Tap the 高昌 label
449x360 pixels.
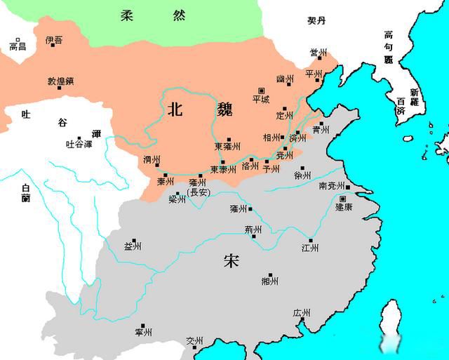click(x=18, y=46)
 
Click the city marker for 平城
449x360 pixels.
click(x=261, y=91)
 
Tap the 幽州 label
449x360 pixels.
click(x=285, y=79)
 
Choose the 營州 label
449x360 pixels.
click(x=319, y=53)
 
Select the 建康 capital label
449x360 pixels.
click(x=344, y=208)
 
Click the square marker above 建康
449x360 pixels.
click(x=342, y=199)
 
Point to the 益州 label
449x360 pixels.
click(x=133, y=246)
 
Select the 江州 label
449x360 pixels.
click(x=310, y=248)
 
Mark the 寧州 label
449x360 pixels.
click(x=144, y=331)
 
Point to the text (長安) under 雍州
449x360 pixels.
click(x=198, y=192)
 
